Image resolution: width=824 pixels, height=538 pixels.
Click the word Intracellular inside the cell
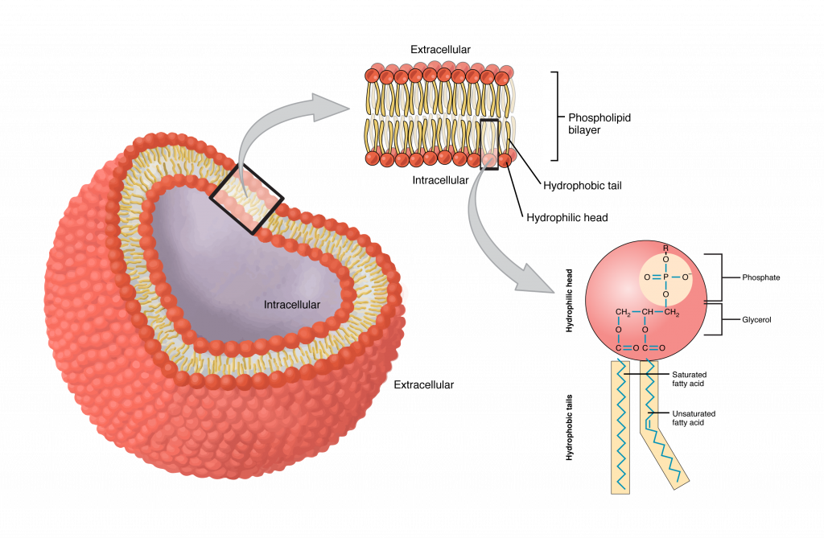291,305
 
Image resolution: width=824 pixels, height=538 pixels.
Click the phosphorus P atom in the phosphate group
665,277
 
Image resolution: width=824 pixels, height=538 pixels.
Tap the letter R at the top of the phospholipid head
665,248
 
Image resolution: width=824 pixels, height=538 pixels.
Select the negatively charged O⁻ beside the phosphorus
686,277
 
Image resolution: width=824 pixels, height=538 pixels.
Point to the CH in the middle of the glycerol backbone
649,312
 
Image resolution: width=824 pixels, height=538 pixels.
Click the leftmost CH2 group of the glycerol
623,312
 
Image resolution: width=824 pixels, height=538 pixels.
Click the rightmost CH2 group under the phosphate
673,312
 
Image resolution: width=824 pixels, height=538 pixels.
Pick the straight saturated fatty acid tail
620,426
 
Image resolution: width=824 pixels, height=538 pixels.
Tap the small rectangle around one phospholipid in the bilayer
489,144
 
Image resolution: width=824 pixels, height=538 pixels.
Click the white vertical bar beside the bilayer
550,114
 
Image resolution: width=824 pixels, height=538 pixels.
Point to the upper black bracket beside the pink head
722,277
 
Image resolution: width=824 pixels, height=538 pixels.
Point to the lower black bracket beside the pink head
722,319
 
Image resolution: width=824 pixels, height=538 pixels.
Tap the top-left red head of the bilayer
373,76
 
